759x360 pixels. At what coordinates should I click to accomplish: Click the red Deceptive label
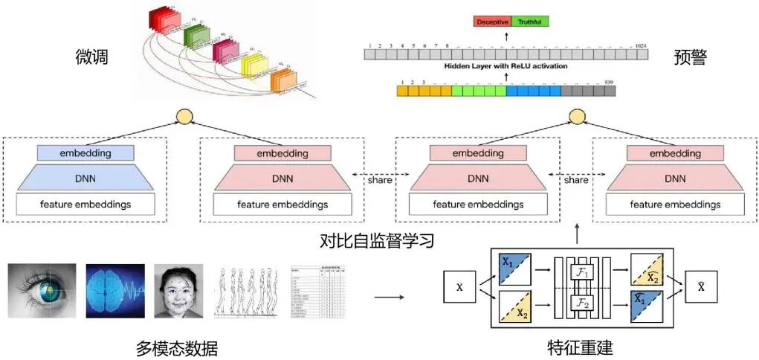(x=491, y=22)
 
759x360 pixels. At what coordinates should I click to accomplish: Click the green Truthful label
(x=531, y=22)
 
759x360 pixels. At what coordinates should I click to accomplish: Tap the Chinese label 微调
(x=93, y=57)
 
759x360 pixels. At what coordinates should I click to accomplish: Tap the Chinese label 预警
(x=690, y=57)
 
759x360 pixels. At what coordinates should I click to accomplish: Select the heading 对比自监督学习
(x=377, y=241)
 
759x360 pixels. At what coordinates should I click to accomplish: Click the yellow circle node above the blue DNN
(x=184, y=116)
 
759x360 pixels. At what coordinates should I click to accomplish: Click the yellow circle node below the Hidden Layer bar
(x=578, y=116)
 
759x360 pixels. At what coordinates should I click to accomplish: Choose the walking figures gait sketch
(x=246, y=290)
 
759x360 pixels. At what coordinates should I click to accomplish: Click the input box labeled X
(x=459, y=286)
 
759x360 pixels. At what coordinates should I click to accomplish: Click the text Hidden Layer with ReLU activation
(x=506, y=66)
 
